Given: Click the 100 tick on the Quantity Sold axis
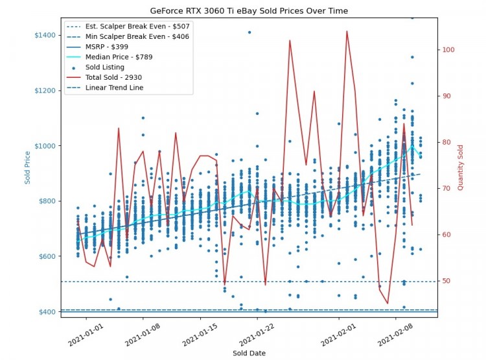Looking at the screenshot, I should coord(449,50).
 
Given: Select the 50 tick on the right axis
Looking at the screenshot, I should coord(447,281).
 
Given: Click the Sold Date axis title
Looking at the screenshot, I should coord(249,353).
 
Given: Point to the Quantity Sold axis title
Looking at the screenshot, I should coord(461,167).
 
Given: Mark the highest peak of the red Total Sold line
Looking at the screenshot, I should coord(347,31).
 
